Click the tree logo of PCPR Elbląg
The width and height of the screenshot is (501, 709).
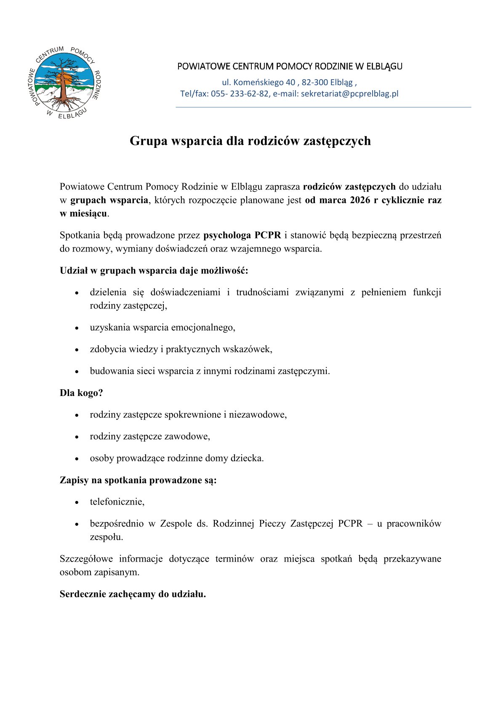(x=64, y=82)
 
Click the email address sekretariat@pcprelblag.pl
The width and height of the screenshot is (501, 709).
(x=349, y=94)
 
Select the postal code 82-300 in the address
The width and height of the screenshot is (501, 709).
(x=315, y=82)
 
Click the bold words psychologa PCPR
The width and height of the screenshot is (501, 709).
(x=242, y=235)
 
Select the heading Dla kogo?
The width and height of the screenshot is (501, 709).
(x=81, y=393)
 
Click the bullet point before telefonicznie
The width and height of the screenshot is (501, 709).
(x=77, y=503)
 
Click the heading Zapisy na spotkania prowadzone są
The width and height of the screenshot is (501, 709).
(x=138, y=480)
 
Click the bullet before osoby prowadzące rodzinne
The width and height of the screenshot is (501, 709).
(x=77, y=459)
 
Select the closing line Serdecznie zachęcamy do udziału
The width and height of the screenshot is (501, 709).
(x=133, y=594)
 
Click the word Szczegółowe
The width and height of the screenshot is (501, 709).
(x=86, y=559)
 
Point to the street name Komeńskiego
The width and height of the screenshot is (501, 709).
(x=259, y=82)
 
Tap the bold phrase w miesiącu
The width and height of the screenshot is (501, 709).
(x=83, y=214)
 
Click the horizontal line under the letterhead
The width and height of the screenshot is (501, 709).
(x=323, y=107)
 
